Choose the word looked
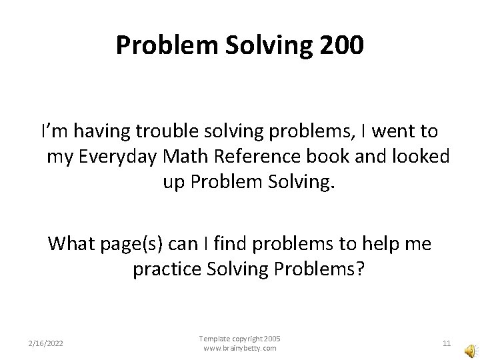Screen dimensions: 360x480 (x=421, y=157)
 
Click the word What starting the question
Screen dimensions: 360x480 (x=70, y=244)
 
